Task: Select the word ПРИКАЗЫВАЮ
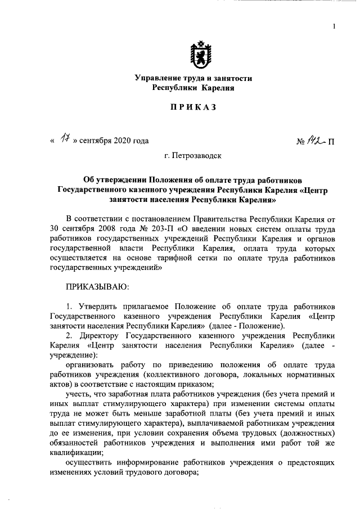pos(98,287)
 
